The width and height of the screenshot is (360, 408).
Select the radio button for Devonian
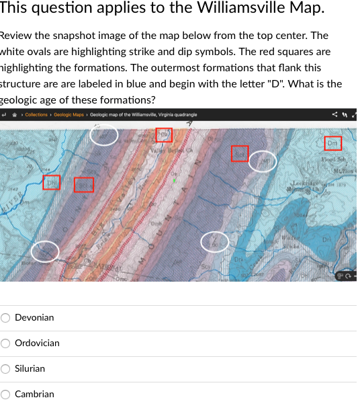(6, 317)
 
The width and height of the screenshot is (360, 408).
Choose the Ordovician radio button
(6, 343)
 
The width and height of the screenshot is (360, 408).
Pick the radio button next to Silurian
(6, 368)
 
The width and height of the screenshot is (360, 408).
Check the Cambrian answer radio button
(6, 394)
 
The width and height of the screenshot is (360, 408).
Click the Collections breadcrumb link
(36, 115)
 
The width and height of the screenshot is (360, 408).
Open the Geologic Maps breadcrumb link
(69, 115)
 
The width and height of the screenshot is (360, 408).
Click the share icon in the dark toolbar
(335, 115)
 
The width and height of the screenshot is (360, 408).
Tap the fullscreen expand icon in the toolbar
(354, 115)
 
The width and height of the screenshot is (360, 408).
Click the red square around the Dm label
(333, 143)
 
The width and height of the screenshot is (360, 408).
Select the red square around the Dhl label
(52, 182)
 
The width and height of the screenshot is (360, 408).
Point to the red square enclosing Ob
(165, 135)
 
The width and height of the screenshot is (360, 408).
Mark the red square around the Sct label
(240, 153)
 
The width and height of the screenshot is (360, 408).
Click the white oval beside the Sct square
(263, 163)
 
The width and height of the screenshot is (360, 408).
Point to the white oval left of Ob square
(105, 135)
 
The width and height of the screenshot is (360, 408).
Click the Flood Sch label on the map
(333, 159)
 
